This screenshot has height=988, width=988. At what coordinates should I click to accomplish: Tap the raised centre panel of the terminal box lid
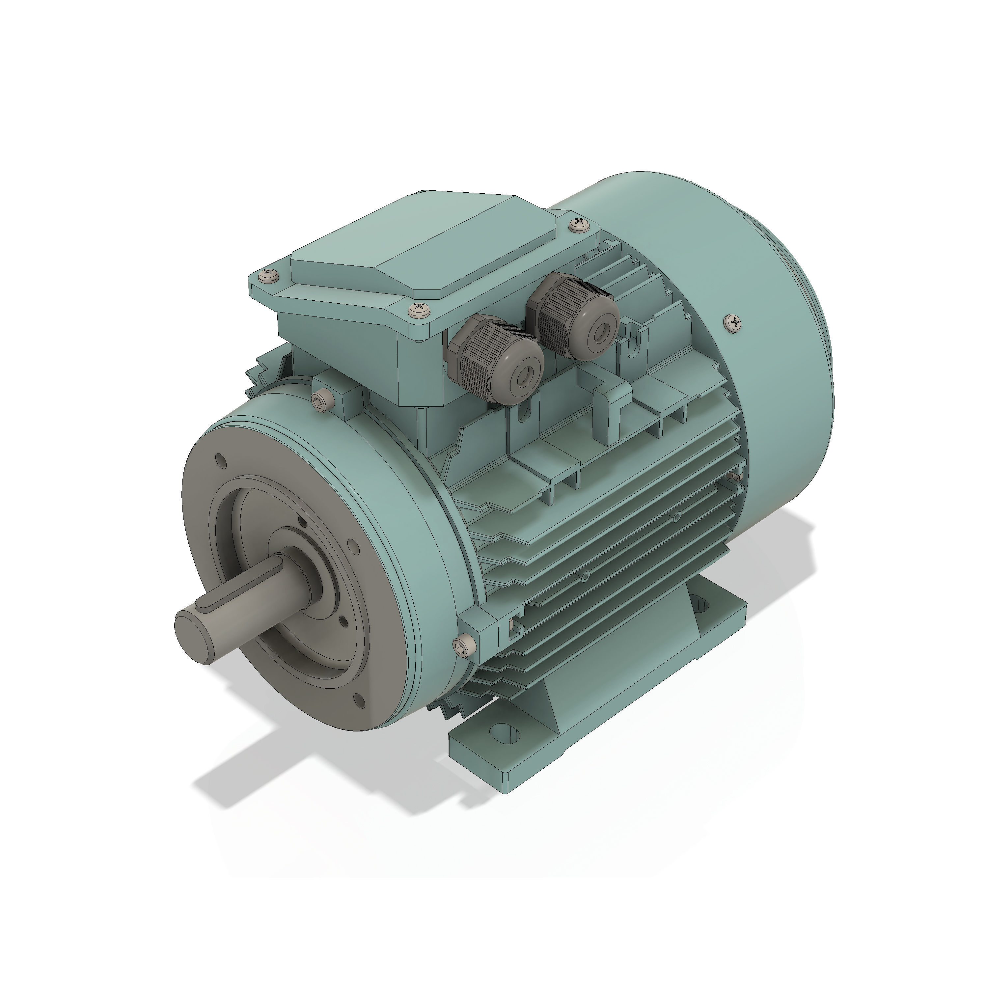pyautogui.click(x=425, y=245)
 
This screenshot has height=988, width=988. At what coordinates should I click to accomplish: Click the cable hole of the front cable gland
pyautogui.click(x=525, y=375)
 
